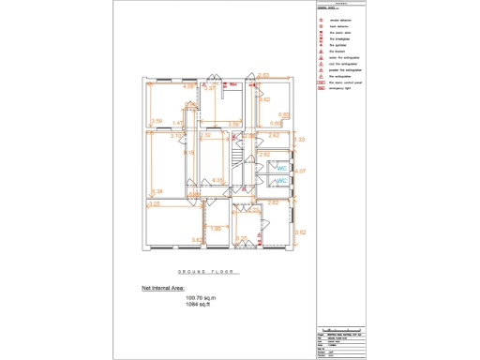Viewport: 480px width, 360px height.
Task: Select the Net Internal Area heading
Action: coord(163,289)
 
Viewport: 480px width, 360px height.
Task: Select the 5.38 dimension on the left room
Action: coord(157,191)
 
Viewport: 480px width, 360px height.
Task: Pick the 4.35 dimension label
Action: coord(217,180)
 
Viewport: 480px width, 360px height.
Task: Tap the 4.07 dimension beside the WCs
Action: coord(300,172)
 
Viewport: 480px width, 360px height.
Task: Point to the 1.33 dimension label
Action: coord(300,140)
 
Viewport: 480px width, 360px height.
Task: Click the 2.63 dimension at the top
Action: coord(263,75)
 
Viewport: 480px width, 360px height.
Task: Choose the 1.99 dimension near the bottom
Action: coord(215,228)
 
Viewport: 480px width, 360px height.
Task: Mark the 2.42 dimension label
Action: coord(274,136)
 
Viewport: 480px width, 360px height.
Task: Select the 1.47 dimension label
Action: coord(177,123)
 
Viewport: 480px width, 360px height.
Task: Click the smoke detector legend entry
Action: coord(340,19)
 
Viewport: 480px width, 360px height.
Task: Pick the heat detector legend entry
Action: coord(339,25)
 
